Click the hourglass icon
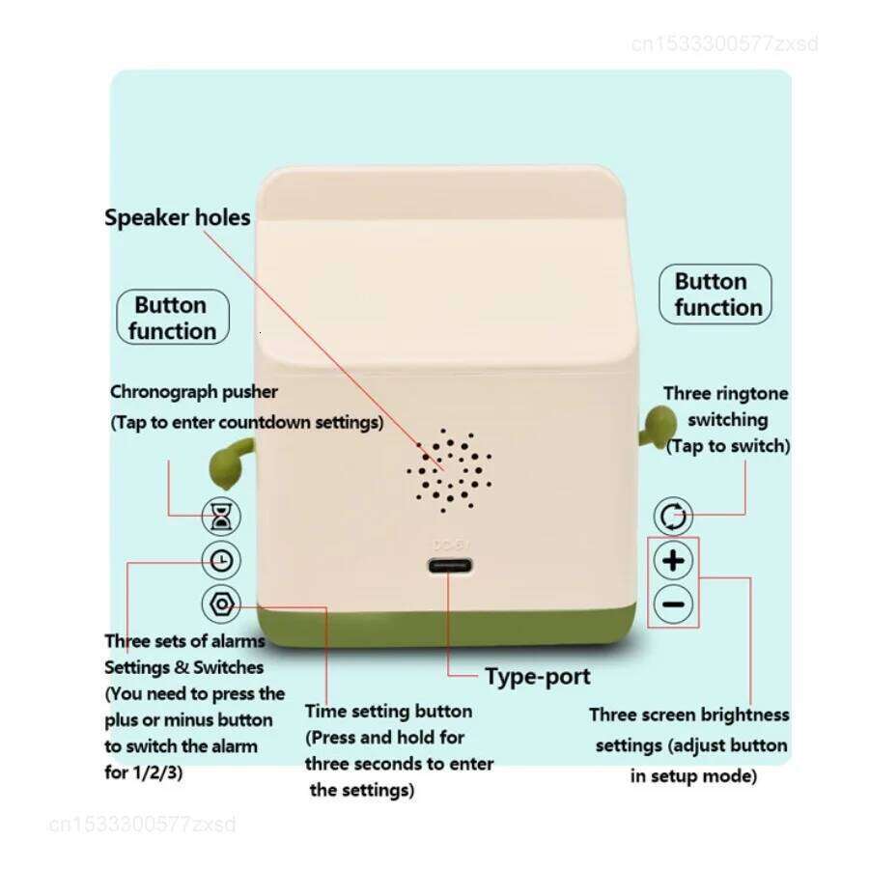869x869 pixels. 222,518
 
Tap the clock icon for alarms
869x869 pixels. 222,560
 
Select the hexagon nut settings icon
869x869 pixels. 222,604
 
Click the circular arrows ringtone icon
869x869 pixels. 673,517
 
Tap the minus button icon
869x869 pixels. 673,604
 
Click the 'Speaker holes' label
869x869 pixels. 178,218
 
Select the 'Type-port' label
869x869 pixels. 537,676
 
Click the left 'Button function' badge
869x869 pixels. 172,318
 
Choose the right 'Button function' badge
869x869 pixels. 715,294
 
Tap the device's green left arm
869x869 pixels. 230,460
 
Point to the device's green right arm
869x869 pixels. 658,424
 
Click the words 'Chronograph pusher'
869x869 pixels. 194,392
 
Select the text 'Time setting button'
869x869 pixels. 388,712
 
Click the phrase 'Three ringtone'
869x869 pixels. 725,394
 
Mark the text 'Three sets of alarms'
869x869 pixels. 184,641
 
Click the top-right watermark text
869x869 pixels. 724,43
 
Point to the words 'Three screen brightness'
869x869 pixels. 688,715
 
